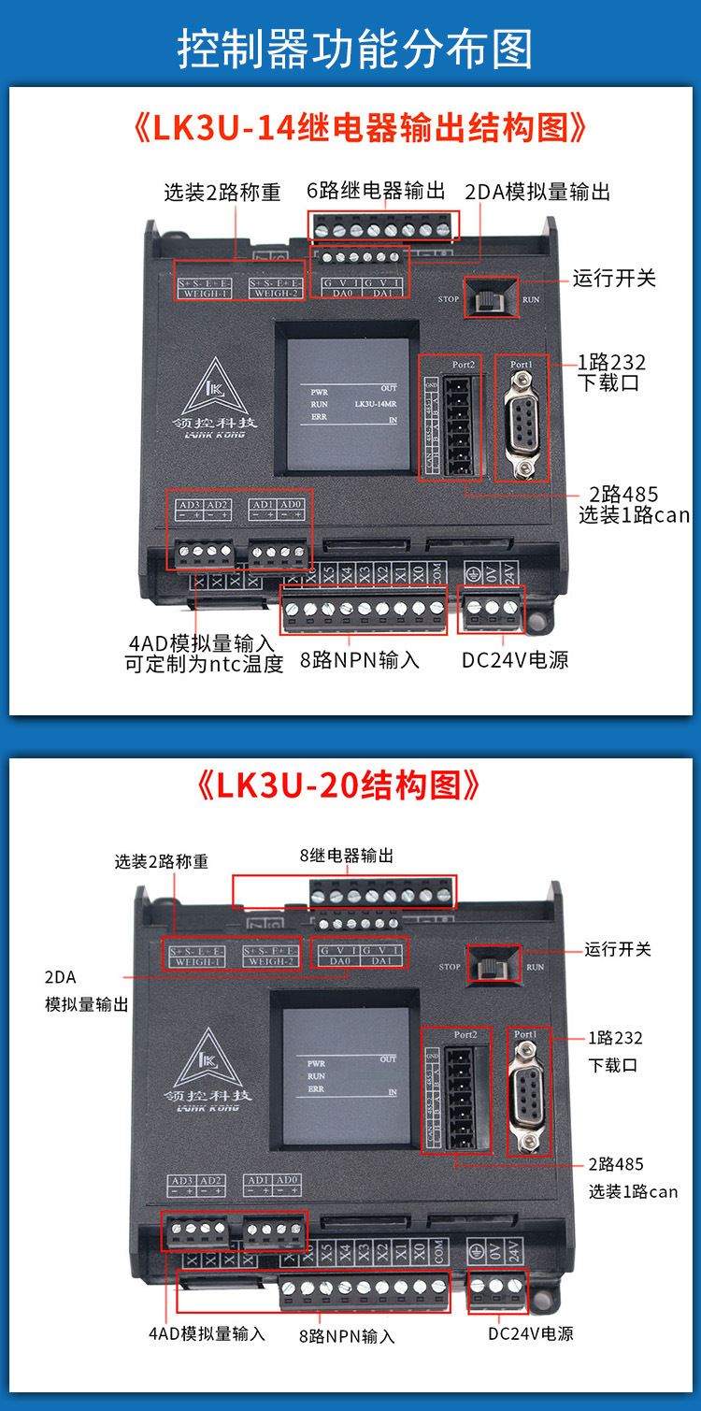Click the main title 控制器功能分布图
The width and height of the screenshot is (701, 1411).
pos(354,49)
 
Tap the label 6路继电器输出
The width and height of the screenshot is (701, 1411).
pos(376,191)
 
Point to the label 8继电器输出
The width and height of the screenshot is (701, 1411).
pos(346,855)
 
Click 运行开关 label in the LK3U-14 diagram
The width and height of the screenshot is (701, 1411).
pos(613,279)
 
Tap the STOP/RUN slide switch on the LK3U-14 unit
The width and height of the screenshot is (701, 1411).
pos(489,299)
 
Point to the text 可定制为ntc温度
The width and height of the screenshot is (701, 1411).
pos(204,665)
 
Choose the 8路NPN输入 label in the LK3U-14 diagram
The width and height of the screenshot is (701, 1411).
pos(360,660)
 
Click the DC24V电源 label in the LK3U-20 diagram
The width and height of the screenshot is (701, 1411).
pos(530,1332)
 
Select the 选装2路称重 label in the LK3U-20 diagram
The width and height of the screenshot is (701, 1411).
pos(162,861)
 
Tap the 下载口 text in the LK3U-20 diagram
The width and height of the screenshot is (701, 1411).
pos(613,1065)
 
